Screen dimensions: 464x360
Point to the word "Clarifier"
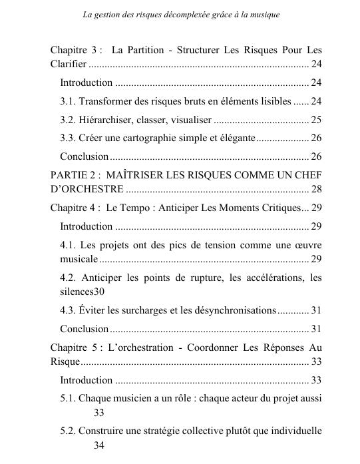click(68, 65)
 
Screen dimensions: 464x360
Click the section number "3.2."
click(69, 120)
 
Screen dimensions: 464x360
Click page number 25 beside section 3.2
click(316, 120)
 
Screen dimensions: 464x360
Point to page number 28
click(316, 189)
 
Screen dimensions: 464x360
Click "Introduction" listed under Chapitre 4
click(86, 226)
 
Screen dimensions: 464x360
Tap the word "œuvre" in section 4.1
click(307, 244)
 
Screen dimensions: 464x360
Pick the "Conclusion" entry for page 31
click(84, 329)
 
